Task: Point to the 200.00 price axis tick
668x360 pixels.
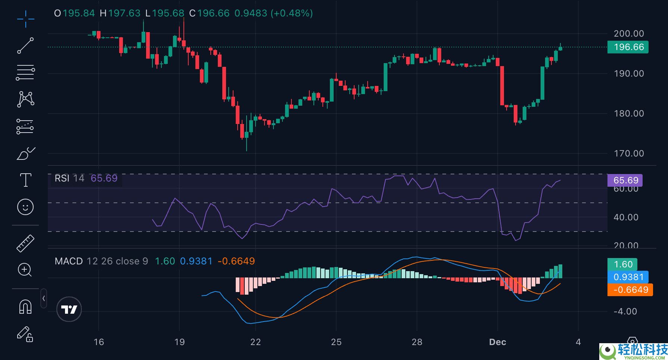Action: [629, 34]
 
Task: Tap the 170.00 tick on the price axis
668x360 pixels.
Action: [629, 153]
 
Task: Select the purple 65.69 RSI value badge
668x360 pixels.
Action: [625, 180]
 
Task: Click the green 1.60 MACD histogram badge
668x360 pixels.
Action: [623, 264]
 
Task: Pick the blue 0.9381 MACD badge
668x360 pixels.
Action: [628, 277]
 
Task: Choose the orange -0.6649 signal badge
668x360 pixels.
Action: [630, 290]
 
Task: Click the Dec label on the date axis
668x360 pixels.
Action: [498, 342]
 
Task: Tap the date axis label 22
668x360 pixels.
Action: [256, 342]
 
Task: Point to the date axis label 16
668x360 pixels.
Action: [99, 342]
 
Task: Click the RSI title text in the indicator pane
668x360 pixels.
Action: [62, 179]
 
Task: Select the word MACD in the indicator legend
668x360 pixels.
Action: [69, 261]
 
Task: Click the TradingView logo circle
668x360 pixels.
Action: [69, 309]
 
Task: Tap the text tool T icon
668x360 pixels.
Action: [25, 180]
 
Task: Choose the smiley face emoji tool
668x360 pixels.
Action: [25, 207]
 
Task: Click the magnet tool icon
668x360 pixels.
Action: [25, 307]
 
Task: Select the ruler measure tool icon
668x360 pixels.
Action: [25, 243]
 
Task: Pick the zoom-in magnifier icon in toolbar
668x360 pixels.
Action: [25, 270]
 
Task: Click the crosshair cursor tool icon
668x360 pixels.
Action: [25, 19]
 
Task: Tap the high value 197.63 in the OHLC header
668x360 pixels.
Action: [124, 13]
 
